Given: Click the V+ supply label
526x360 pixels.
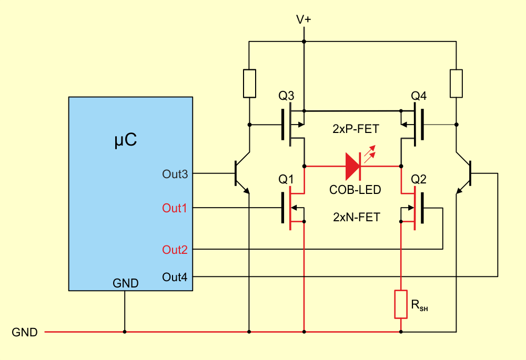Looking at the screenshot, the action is point(304,20).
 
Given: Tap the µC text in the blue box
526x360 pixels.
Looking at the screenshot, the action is point(126,140).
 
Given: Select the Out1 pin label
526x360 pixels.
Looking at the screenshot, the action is point(175,208).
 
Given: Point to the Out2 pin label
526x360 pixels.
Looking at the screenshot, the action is point(175,250).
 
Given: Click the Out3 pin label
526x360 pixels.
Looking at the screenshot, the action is point(175,174).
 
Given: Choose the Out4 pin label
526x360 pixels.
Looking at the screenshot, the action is point(175,277).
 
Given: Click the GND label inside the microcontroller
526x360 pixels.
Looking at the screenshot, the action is point(126,283).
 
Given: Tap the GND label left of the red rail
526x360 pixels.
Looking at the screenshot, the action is point(25,332).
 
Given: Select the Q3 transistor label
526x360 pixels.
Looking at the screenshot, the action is point(286,96).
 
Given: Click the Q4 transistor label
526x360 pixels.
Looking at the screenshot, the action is point(419,96).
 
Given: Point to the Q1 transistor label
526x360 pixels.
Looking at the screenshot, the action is point(286,179).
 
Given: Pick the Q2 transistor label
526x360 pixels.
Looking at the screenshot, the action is point(419,179).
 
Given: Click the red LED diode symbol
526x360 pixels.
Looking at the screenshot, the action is point(353,166).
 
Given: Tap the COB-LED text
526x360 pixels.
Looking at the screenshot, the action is point(355,190).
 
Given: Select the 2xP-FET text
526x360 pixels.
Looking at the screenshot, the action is point(356,129).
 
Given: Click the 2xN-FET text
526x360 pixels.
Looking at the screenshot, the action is point(357,217).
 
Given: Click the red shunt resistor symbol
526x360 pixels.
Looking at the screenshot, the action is point(401,304).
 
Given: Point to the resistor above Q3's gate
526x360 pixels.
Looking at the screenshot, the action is point(249,84).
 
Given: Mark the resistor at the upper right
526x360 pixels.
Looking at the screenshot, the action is point(456,84).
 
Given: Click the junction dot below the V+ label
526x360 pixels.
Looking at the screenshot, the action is point(304,42).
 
